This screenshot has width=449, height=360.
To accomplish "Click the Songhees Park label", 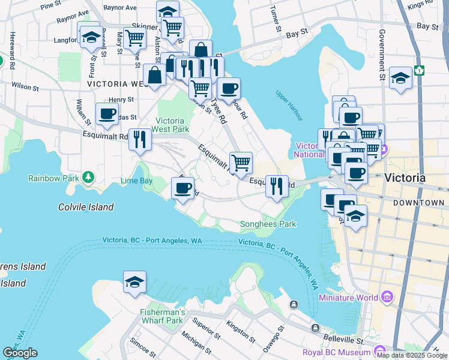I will tap(268, 224).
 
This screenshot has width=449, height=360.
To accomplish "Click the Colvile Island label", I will tap(86, 207).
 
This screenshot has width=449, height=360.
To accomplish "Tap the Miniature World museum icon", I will tap(387, 298).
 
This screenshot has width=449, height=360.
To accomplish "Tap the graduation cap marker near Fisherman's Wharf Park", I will tap(134, 282).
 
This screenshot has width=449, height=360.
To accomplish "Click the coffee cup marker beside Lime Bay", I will tap(182, 188).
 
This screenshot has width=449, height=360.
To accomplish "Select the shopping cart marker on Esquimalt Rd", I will tap(241, 163).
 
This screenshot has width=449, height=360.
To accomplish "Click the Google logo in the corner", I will tap(20, 353).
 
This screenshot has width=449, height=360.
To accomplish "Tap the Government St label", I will tap(381, 57).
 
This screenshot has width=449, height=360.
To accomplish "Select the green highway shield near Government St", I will tap(418, 70).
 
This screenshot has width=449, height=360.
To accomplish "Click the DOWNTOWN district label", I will tap(418, 203).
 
